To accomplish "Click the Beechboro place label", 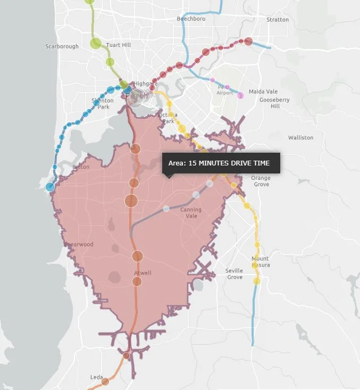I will pos(191,19).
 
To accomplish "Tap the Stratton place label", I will pos(278,20).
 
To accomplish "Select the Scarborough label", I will pos(62,46).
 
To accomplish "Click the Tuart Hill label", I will pos(119,45).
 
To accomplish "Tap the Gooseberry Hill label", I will pos(274,103).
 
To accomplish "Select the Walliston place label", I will pos(300,137).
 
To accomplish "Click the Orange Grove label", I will pos(261,181).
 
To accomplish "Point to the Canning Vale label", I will pos(190,212).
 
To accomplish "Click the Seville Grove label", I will pos(234,273).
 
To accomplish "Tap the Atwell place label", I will pos(143,273).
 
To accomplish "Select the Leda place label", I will pos(96,377).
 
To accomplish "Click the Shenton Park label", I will pos(103,103).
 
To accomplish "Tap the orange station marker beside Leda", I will pos(105,381).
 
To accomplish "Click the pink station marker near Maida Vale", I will pos(240,95).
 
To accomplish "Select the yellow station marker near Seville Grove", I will pos(257,281).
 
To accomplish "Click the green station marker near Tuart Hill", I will pos(110,62).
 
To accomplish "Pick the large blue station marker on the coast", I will pos(50,187).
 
